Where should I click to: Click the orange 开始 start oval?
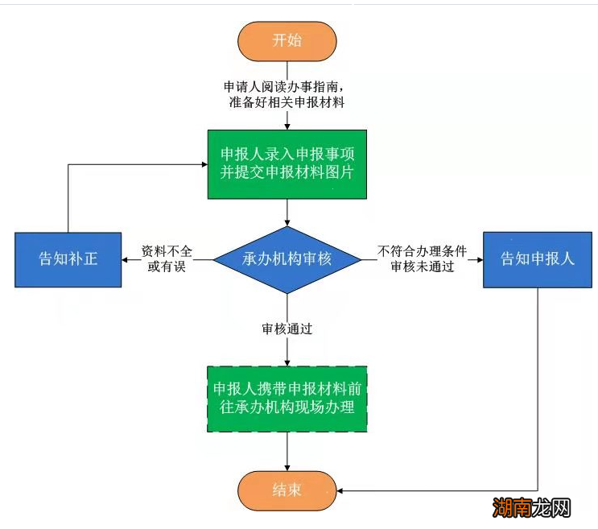click(x=287, y=41)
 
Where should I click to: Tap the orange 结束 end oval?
click(x=287, y=490)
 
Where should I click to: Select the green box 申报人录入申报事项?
click(x=287, y=163)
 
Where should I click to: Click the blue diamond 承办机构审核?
click(x=287, y=259)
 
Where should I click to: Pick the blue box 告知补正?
click(x=68, y=259)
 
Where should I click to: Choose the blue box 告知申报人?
click(x=538, y=259)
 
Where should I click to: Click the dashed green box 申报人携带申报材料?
click(x=287, y=398)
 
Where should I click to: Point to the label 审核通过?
click(x=287, y=329)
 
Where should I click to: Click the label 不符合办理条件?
click(x=423, y=251)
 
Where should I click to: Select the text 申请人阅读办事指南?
click(x=287, y=86)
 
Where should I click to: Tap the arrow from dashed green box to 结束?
click(x=287, y=451)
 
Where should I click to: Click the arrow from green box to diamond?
click(x=287, y=213)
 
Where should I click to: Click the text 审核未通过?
click(x=423, y=267)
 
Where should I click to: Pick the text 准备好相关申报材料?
click(x=287, y=102)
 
